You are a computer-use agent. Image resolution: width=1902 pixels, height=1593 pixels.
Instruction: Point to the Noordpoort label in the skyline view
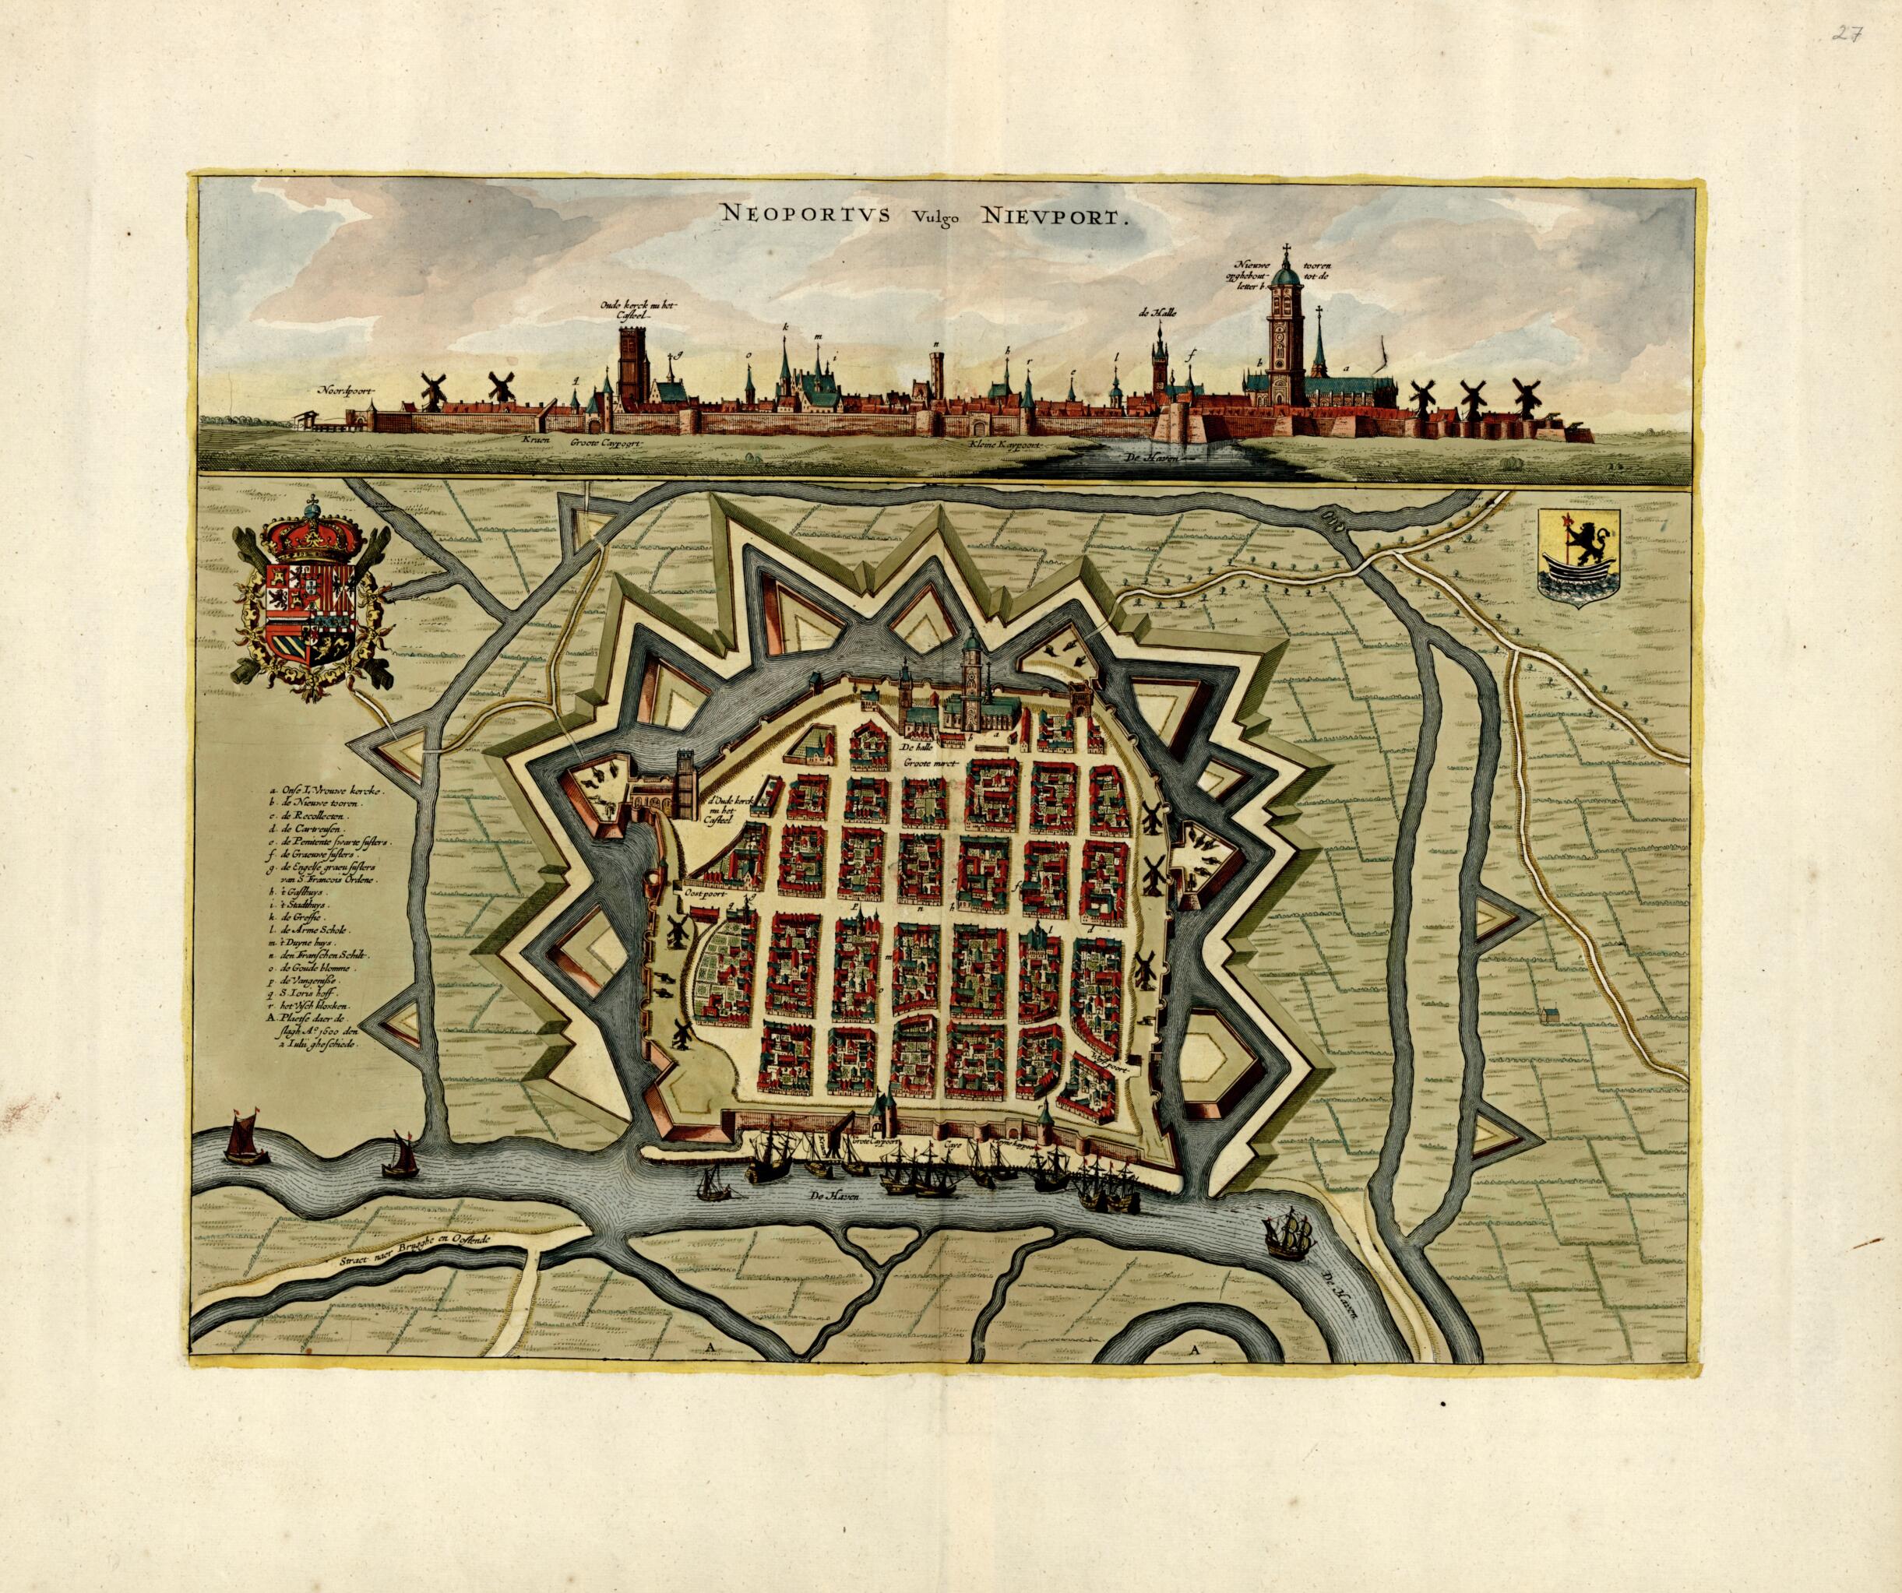pyautogui.click(x=345, y=391)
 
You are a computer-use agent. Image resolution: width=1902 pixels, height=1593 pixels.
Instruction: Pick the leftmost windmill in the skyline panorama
pyautogui.click(x=432, y=389)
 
